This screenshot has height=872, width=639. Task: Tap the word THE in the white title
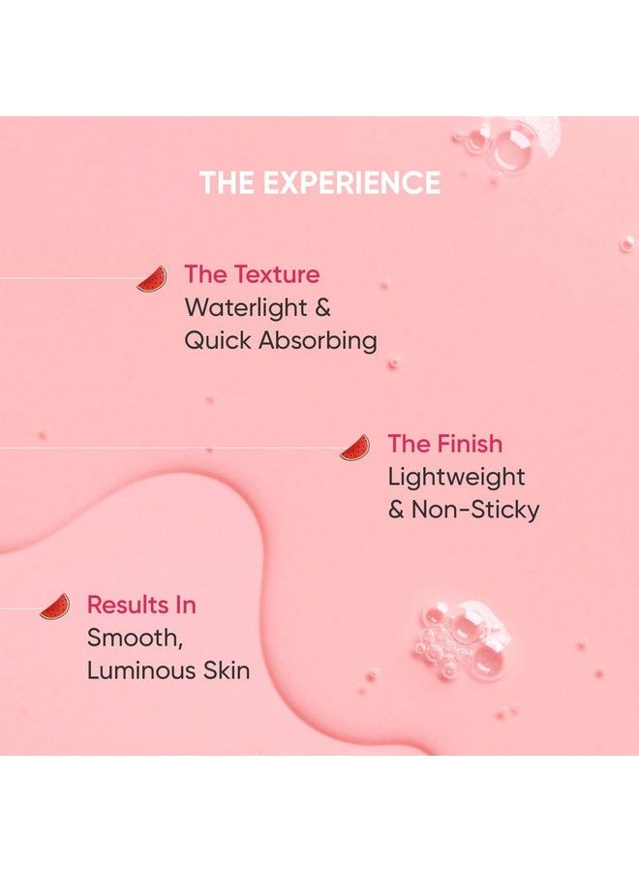pos(228,182)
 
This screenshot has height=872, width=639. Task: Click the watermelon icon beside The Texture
pos(152,279)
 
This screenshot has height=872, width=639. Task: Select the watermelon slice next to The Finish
pos(355,448)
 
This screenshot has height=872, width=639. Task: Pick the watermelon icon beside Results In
pos(55,607)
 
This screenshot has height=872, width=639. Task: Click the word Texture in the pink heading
pos(277,275)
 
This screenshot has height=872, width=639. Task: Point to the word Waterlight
pos(246,307)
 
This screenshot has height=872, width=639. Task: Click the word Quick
pos(219,340)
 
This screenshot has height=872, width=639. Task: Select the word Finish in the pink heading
pos(470,444)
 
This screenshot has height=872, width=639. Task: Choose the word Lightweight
pos(456,477)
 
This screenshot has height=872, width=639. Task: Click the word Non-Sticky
pos(475,510)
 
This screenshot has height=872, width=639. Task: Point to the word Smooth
pos(135,638)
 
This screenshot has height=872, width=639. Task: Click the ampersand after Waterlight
pos(322,307)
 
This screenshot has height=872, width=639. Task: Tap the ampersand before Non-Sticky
pos(396,510)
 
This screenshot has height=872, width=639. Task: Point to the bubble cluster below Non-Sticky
pos(464,639)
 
